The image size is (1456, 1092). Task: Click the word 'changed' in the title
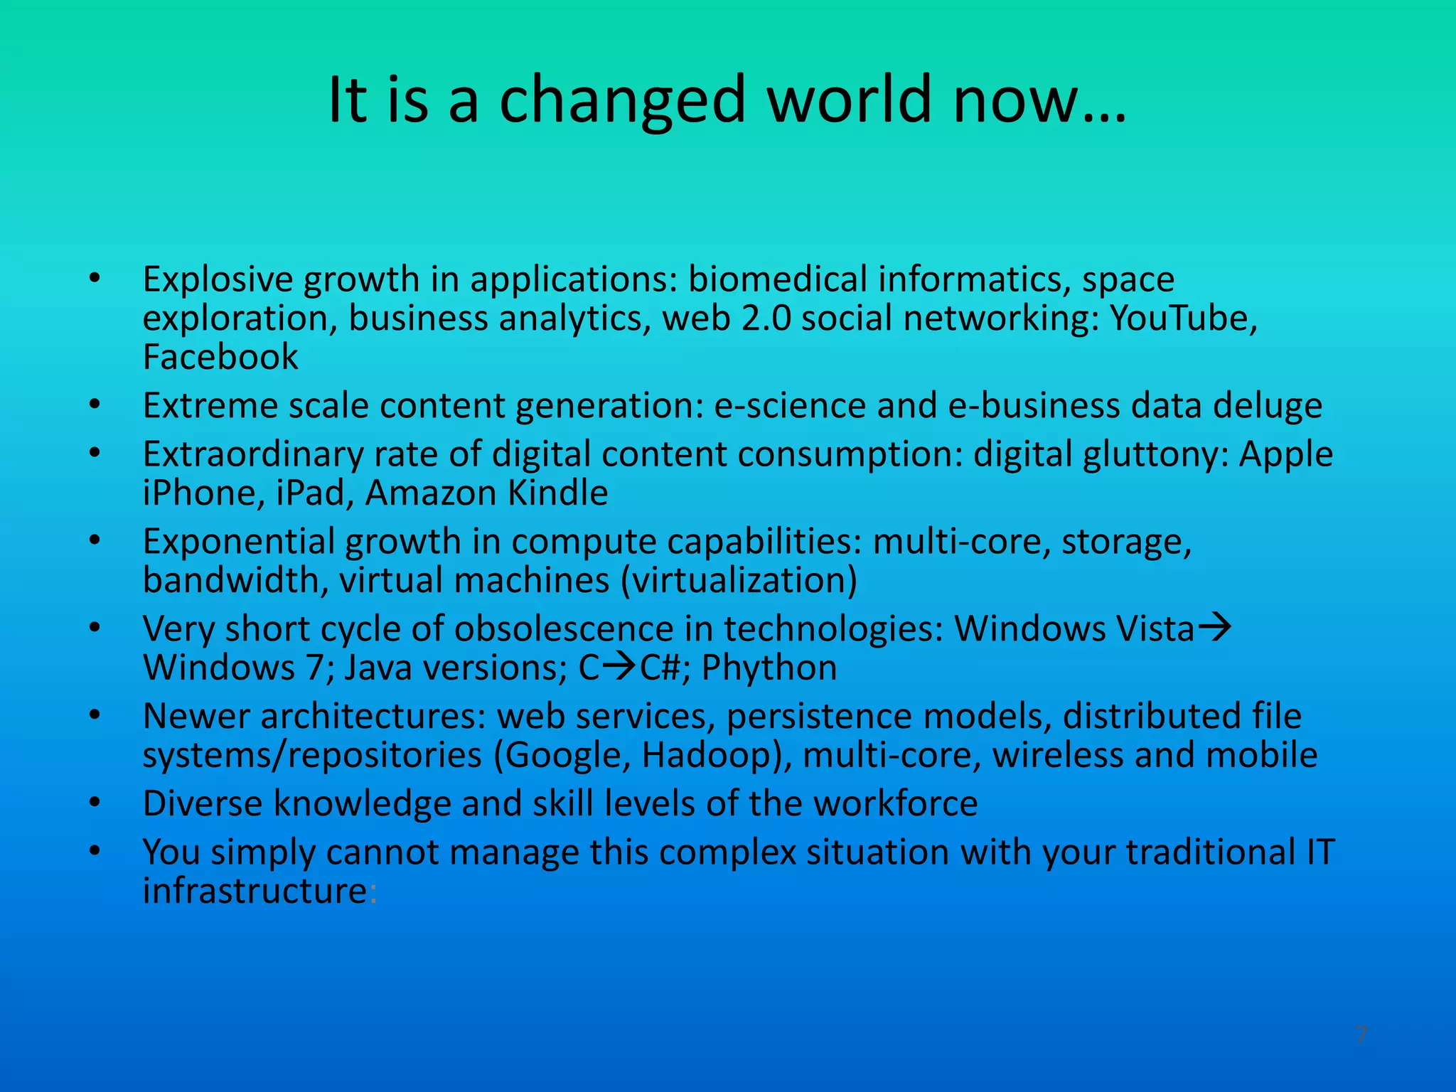pyautogui.click(x=621, y=101)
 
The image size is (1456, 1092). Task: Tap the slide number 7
pyautogui.click(x=1361, y=1034)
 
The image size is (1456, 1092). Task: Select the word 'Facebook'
pyautogui.click(x=220, y=357)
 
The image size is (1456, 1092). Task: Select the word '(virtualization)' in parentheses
pyautogui.click(x=739, y=581)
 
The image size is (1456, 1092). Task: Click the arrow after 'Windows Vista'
pyautogui.click(x=1215, y=628)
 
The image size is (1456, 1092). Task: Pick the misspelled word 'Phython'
pyautogui.click(x=769, y=668)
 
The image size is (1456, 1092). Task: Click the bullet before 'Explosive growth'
pyautogui.click(x=95, y=279)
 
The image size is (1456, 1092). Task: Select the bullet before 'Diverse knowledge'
pyautogui.click(x=95, y=803)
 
